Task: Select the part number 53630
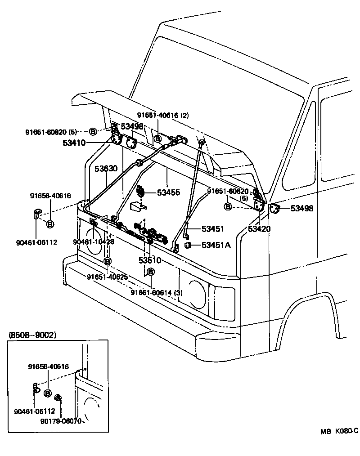106,169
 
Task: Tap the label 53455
168,192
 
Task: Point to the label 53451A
216,245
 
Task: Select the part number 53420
259,229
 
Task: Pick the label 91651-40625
108,277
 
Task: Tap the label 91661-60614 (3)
157,293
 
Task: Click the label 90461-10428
93,242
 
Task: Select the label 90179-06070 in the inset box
61,421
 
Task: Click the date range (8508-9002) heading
32,335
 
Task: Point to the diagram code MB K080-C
339,431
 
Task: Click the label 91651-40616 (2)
163,115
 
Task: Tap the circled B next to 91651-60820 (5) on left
92,131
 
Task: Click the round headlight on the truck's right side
197,294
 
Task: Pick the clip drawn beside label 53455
140,191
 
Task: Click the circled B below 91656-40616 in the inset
48,393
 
